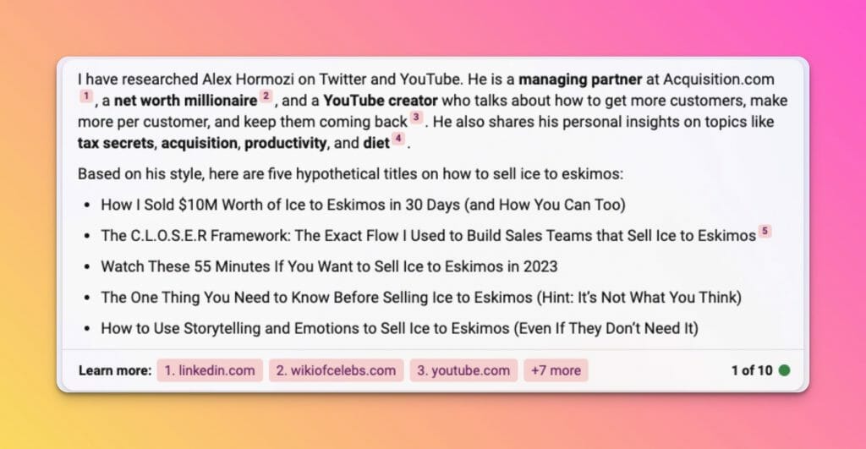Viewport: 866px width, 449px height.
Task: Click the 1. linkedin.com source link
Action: (210, 370)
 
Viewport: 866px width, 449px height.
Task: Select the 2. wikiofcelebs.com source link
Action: (336, 370)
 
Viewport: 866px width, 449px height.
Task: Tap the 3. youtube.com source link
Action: (463, 370)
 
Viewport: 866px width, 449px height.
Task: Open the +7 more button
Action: (556, 370)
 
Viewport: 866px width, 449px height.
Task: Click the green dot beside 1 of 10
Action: (784, 370)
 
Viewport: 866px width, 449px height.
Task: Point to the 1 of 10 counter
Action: (752, 370)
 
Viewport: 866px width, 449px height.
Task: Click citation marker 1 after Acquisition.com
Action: (86, 96)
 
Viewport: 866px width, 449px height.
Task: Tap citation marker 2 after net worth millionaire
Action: (266, 96)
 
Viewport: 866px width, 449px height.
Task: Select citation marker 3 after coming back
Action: (416, 117)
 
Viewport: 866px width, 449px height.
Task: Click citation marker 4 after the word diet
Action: (397, 139)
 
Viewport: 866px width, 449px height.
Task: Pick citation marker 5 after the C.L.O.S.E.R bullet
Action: (765, 231)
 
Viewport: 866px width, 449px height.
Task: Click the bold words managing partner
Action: (580, 79)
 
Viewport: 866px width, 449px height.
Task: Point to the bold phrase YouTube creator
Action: (381, 101)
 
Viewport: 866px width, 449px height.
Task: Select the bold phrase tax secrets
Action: (116, 143)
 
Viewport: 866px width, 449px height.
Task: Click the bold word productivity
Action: (286, 144)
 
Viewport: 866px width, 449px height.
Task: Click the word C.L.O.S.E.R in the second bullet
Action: (168, 236)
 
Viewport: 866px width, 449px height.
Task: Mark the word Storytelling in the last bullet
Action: (222, 329)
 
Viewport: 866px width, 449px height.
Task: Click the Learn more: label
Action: (115, 370)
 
